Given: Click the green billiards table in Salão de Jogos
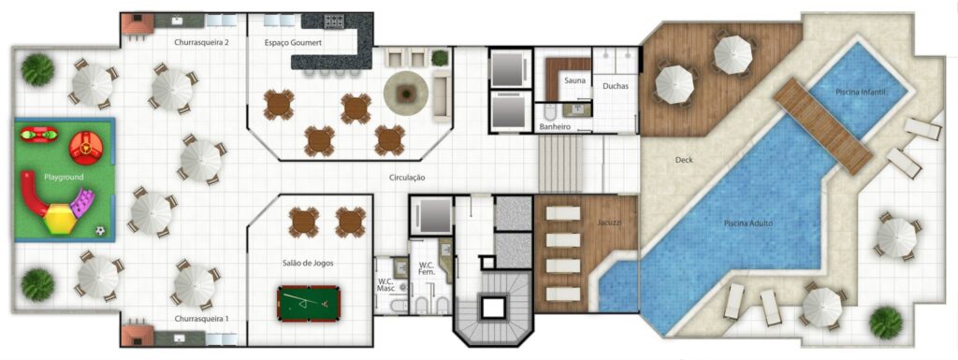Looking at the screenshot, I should [309, 303].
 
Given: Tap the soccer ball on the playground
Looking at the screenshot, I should [100, 230].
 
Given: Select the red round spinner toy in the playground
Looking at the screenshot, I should [87, 145].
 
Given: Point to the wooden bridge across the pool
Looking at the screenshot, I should [822, 125].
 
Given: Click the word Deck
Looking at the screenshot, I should [684, 160].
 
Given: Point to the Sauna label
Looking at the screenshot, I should [573, 81].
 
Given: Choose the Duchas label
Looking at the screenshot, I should [616, 86].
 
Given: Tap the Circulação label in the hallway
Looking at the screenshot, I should [407, 178].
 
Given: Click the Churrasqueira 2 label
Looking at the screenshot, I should [201, 43].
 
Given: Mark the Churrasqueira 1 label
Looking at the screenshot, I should [201, 319].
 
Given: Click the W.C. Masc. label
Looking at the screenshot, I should [385, 284].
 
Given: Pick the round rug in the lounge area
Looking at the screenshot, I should [407, 92].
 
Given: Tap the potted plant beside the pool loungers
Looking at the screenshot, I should [885, 322].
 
